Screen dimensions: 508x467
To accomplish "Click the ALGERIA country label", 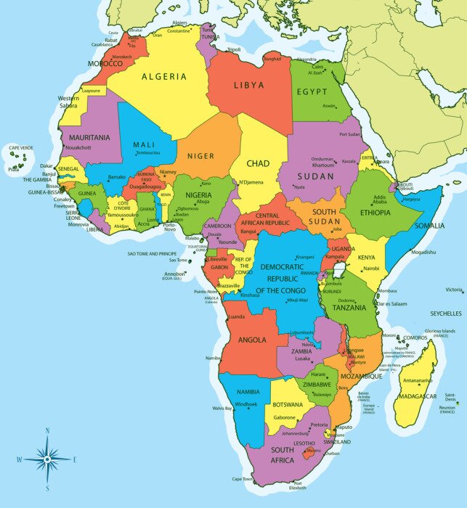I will click(163, 76).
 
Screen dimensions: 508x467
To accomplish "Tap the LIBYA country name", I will click(249, 85).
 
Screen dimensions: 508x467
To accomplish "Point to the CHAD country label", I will click(258, 164).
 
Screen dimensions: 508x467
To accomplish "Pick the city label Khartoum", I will click(322, 165).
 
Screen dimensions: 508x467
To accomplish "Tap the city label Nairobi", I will click(370, 269).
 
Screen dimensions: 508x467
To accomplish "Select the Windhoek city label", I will click(246, 404).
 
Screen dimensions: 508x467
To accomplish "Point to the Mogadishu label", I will click(423, 253).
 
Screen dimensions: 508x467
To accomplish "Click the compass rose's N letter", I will click(47, 430).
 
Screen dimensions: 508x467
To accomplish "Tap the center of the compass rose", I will click(47, 459).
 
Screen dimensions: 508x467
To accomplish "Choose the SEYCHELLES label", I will click(445, 314).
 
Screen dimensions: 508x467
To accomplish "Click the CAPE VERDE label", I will click(21, 148).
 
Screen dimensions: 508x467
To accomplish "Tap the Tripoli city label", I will click(234, 49).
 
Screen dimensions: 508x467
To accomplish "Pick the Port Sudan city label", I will click(350, 134).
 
